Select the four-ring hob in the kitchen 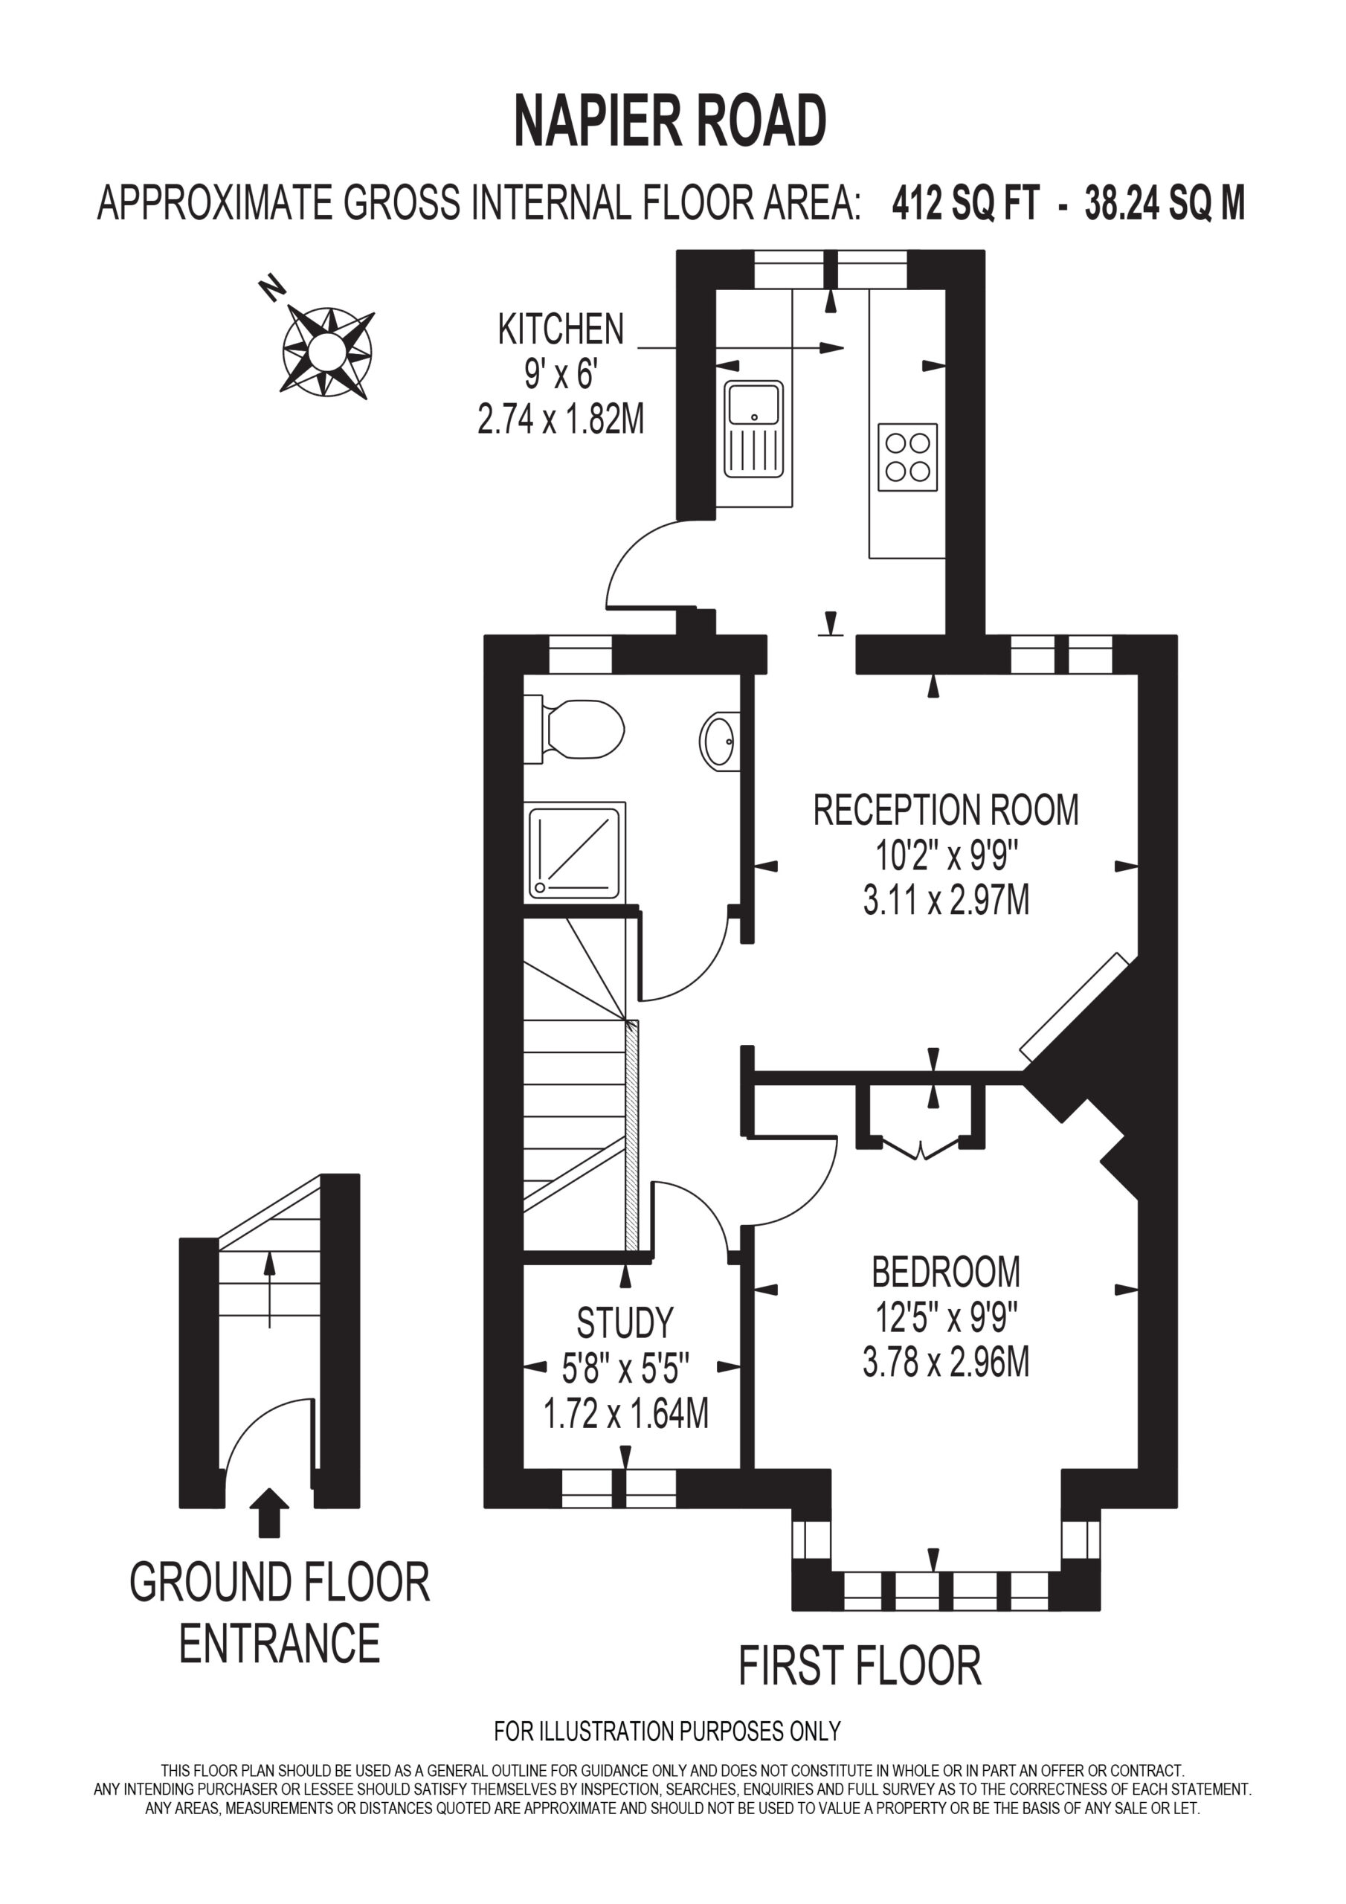[x=907, y=457]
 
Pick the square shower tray [x=575, y=852]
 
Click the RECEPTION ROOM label [x=945, y=810]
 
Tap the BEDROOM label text [x=945, y=1272]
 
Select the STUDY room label [x=625, y=1324]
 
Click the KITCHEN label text [x=561, y=329]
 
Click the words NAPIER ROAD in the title [x=670, y=121]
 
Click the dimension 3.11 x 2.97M [x=945, y=900]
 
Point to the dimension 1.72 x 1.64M [x=625, y=1413]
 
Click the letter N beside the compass [x=272, y=289]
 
